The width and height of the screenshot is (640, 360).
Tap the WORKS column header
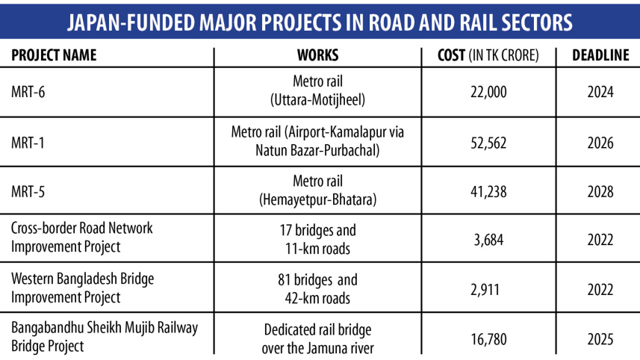tap(317, 55)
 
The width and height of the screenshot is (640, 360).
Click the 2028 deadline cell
tap(600, 191)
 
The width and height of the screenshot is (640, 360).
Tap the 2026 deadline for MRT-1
tap(600, 141)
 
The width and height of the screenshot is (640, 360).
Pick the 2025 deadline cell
tap(600, 339)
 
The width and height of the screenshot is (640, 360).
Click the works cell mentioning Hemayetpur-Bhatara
tap(317, 192)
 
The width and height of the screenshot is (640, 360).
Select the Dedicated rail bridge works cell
tap(317, 339)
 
